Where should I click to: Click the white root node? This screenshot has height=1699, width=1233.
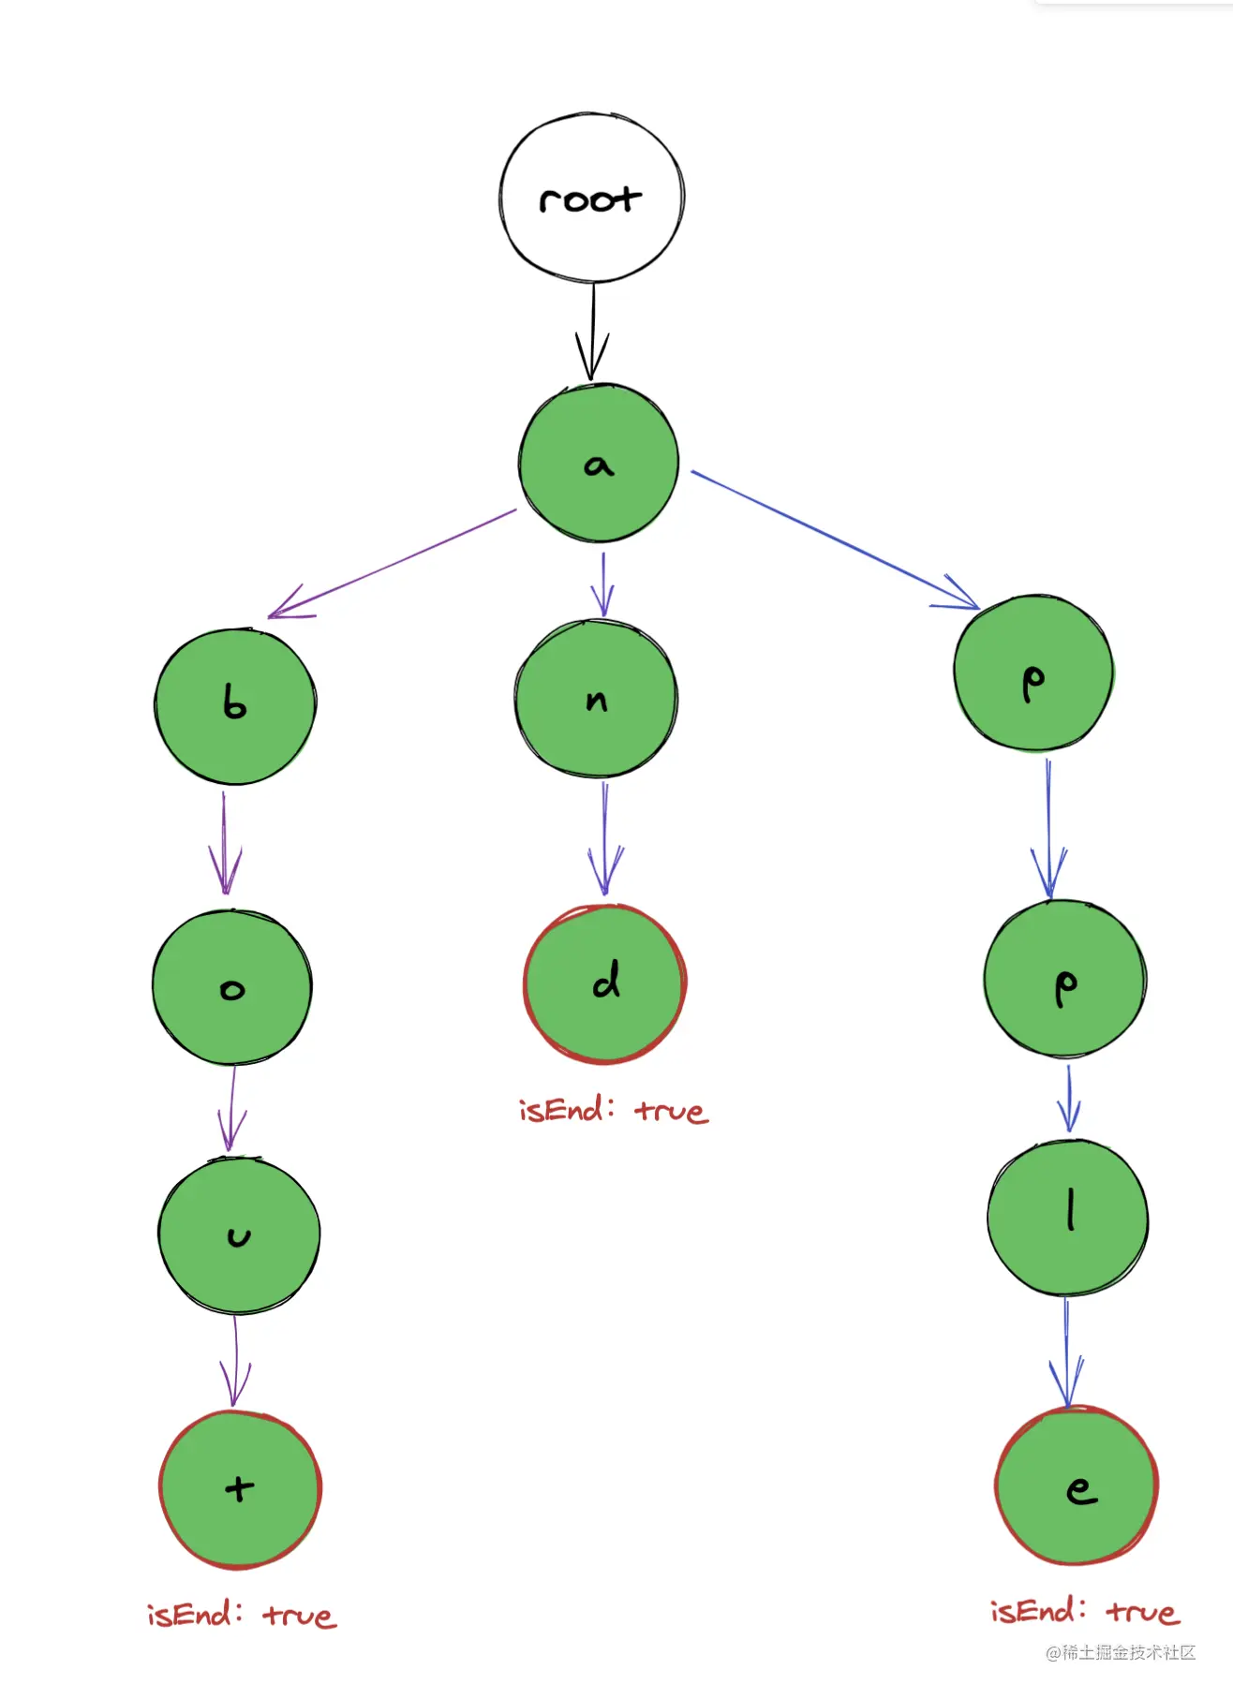coord(591,198)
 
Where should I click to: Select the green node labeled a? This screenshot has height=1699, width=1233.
coord(599,463)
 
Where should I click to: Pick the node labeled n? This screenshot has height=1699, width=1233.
coord(596,699)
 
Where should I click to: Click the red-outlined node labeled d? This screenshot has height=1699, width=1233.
coord(605,983)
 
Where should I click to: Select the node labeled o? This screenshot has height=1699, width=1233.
coord(232,987)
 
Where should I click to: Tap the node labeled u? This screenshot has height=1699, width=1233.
coord(239,1235)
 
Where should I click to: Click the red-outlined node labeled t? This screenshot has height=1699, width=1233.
coord(240,1489)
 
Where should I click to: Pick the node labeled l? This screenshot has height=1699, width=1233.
coord(1068,1217)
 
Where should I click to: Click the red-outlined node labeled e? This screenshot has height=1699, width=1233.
coord(1077,1485)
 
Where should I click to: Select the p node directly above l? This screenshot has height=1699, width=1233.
coord(1064,980)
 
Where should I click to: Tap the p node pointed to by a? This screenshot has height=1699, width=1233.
coord(1033,672)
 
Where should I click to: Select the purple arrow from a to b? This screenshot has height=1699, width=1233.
coord(394,562)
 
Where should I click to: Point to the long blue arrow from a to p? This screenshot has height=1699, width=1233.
coord(834,538)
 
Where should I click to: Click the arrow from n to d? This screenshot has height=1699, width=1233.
coord(605,838)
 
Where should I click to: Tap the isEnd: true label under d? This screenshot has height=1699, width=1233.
coord(614,1111)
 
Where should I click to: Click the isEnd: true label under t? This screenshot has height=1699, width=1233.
coord(242,1615)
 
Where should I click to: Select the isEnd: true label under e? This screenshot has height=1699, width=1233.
coord(1085,1611)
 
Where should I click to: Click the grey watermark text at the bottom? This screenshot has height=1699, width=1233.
coord(1121,1653)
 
